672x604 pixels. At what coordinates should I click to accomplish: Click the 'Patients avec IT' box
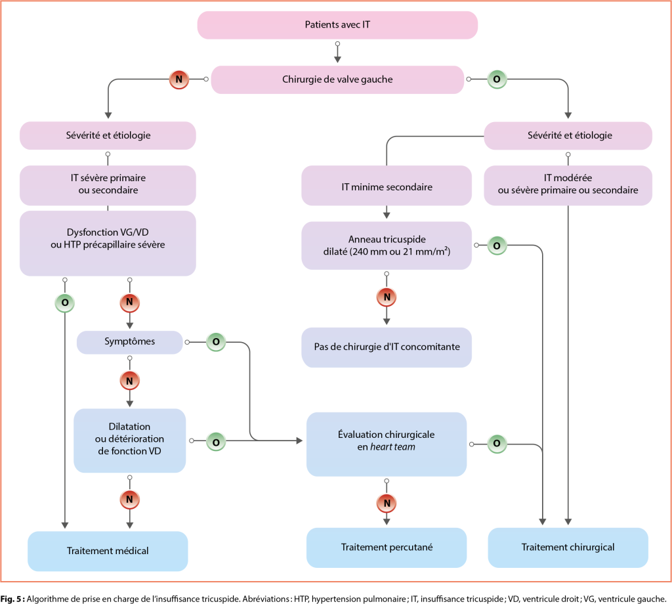click(x=337, y=26)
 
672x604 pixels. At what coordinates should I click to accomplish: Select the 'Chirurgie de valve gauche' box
click(x=337, y=79)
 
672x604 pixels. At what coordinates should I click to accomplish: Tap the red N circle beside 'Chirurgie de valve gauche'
click(x=178, y=79)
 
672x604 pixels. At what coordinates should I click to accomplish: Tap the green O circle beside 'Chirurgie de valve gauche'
click(x=496, y=79)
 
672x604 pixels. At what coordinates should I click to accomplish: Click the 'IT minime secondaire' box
click(x=387, y=186)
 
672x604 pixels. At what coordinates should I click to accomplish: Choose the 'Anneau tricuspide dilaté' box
click(x=387, y=246)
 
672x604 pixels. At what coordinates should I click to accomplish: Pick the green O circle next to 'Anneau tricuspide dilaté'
click(x=497, y=246)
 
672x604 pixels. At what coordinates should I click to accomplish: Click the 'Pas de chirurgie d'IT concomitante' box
click(x=387, y=347)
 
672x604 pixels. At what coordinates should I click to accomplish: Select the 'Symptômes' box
click(x=129, y=341)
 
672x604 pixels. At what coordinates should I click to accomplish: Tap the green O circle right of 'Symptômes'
click(x=216, y=342)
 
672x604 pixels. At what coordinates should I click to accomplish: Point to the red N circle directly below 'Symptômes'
click(x=129, y=380)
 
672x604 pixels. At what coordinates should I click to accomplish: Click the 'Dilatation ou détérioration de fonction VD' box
click(x=130, y=440)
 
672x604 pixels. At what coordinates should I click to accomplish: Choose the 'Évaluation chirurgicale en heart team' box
click(x=387, y=443)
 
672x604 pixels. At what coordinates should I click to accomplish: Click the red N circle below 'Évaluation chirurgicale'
click(x=387, y=504)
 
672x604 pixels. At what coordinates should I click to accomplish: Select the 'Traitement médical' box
click(x=108, y=551)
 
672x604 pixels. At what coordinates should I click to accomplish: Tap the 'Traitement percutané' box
click(x=387, y=547)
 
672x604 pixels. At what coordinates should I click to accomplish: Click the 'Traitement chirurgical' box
click(x=568, y=547)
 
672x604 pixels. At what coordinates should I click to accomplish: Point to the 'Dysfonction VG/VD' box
click(x=108, y=242)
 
